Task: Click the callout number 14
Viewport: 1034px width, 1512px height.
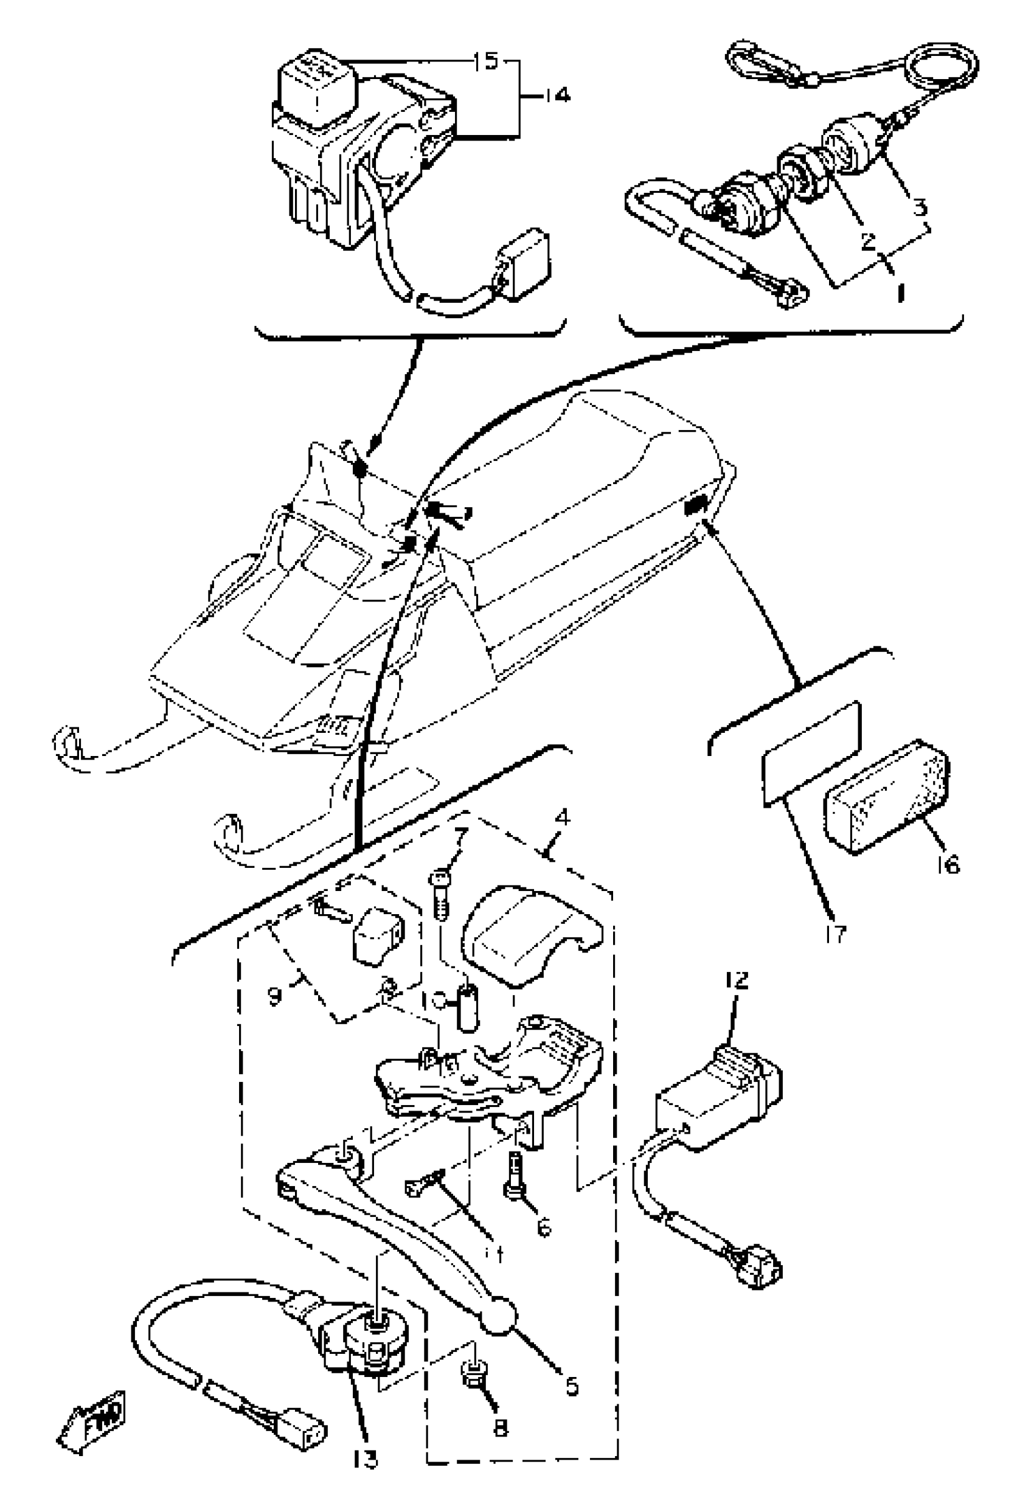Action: coord(557,95)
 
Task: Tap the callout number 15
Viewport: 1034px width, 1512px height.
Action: coord(485,62)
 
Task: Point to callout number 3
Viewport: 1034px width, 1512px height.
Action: coord(919,207)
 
